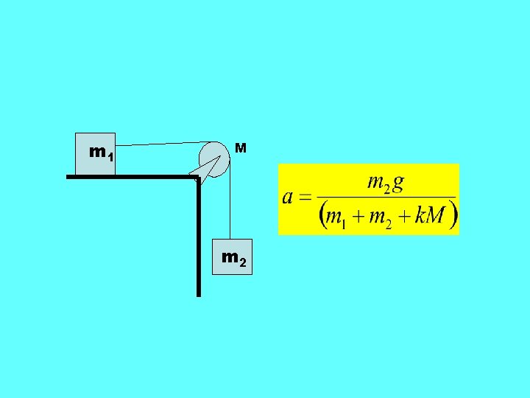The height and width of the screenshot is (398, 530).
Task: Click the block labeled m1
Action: [96, 153]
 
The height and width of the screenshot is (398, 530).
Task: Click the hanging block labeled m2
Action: [233, 256]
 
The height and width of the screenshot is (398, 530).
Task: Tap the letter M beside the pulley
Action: [240, 149]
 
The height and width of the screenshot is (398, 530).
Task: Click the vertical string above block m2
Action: [231, 206]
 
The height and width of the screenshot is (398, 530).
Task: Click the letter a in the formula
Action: [287, 198]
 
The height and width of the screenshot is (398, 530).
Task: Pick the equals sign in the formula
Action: [304, 198]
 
